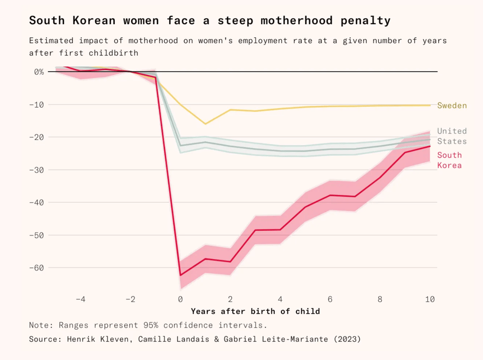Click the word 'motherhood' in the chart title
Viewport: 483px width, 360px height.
click(x=301, y=21)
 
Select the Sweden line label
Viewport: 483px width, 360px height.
click(x=452, y=106)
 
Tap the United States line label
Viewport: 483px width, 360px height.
click(x=452, y=136)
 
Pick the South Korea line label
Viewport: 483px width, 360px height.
click(x=449, y=160)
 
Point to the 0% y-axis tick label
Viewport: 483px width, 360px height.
click(x=39, y=72)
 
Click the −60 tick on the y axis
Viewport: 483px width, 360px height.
click(x=36, y=267)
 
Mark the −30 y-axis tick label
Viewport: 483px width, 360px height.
click(x=36, y=170)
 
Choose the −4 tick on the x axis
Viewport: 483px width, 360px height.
click(x=80, y=299)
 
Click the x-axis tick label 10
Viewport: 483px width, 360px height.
click(x=430, y=299)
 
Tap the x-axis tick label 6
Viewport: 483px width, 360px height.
click(x=330, y=299)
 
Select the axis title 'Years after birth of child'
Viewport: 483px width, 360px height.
click(x=255, y=311)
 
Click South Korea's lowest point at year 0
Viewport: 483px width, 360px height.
click(x=181, y=275)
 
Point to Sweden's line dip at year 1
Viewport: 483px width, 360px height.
click(x=205, y=124)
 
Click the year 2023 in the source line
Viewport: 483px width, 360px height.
click(x=347, y=339)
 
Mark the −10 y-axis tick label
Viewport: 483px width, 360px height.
click(x=36, y=105)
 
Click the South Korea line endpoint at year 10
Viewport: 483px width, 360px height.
click(x=430, y=146)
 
